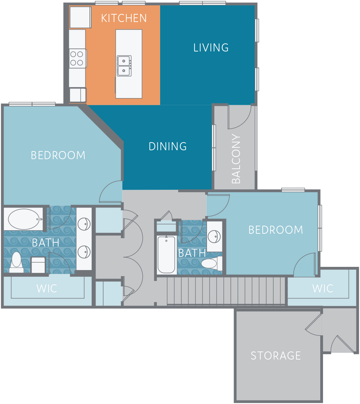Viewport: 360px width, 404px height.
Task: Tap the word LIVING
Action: pos(211,48)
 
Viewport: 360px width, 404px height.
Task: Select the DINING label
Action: pos(168,146)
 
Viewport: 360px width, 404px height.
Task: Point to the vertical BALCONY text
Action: pos(236,159)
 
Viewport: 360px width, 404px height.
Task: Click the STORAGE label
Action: pos(276,356)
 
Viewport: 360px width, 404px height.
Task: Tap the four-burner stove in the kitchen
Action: pos(77,58)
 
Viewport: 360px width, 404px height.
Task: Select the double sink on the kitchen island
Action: pos(124,66)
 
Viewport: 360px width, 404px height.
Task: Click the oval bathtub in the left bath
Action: pos(23,219)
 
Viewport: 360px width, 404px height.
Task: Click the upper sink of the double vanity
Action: pos(84,224)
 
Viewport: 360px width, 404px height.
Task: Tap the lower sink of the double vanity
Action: pos(84,252)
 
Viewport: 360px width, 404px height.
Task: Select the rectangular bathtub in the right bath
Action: pos(167,254)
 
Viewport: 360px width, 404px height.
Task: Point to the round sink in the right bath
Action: pos(214,236)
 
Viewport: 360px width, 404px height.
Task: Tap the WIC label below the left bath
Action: pos(47,289)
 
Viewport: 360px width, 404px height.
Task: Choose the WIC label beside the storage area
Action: pos(323,288)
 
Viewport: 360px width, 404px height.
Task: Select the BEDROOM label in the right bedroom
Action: pos(276,230)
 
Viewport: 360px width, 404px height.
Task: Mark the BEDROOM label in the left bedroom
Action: pos(58,155)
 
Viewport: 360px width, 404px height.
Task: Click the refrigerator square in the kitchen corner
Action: pos(80,17)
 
